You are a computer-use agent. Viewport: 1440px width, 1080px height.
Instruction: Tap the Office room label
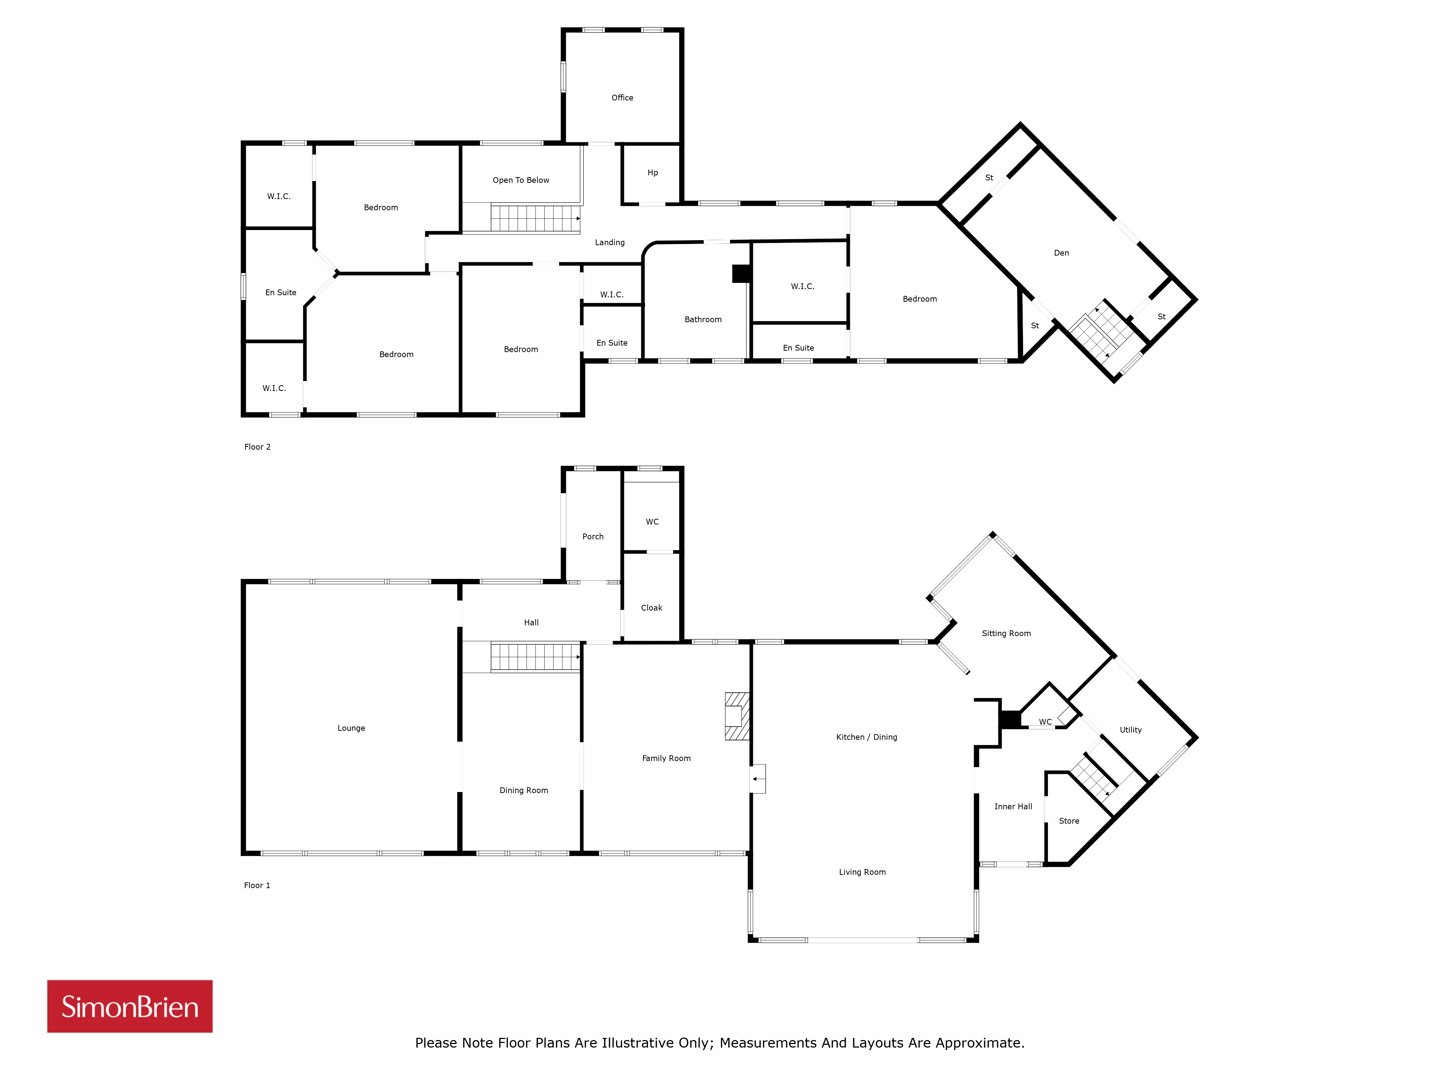[x=622, y=98]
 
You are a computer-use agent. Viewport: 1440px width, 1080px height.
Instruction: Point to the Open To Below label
[x=521, y=180]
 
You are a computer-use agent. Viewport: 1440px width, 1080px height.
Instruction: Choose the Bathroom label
[x=703, y=320]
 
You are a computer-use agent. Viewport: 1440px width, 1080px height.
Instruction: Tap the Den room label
[x=1062, y=253]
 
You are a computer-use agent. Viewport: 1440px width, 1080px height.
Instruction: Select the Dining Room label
[x=524, y=790]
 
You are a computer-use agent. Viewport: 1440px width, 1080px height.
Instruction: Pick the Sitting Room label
[x=1007, y=633]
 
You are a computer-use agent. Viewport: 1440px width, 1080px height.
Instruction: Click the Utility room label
[x=1131, y=730]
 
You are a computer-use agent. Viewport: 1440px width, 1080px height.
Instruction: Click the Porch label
[x=593, y=536]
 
